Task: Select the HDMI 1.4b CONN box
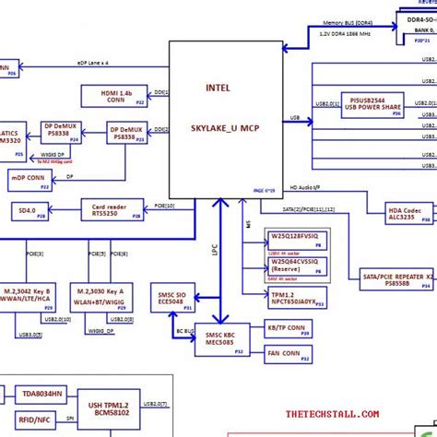[x=115, y=95]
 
